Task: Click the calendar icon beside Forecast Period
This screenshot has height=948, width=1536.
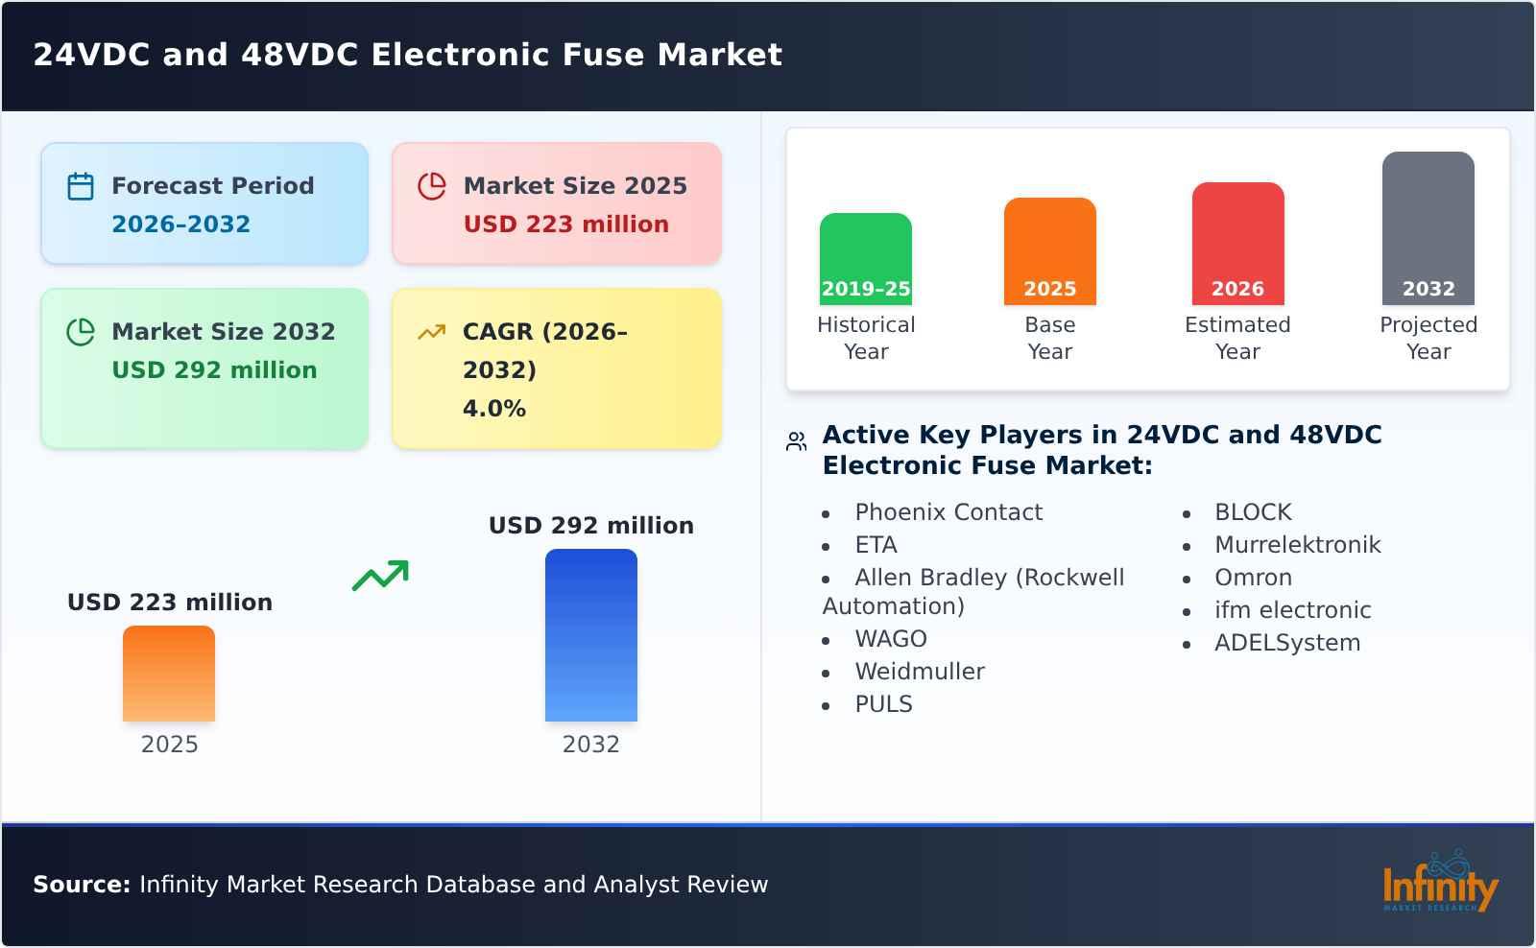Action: point(81,186)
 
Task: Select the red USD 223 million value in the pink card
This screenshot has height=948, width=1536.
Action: point(565,225)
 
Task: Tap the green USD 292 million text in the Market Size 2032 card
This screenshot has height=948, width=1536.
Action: point(214,370)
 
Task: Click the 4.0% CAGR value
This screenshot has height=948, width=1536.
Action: point(493,409)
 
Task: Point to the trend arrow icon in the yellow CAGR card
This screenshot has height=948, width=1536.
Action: point(431,332)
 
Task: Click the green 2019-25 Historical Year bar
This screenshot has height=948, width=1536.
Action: point(865,259)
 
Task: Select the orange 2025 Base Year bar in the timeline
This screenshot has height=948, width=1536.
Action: point(1049,251)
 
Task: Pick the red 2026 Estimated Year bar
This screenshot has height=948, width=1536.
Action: point(1237,244)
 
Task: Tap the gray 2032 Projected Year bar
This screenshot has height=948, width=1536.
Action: point(1428,228)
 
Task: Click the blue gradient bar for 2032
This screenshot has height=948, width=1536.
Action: point(590,635)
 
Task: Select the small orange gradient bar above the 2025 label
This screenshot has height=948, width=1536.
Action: point(169,674)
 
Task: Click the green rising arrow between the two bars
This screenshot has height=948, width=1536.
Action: point(381,575)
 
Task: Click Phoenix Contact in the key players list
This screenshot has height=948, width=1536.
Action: point(948,512)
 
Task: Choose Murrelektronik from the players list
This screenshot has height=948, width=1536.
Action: point(1297,545)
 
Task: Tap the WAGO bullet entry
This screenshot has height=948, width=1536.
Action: point(890,639)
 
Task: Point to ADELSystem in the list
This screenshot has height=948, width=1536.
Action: point(1286,643)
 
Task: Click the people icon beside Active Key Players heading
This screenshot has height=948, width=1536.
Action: point(796,441)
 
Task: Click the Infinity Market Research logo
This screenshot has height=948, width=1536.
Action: point(1439,883)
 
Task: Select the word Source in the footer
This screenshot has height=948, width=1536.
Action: point(81,885)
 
